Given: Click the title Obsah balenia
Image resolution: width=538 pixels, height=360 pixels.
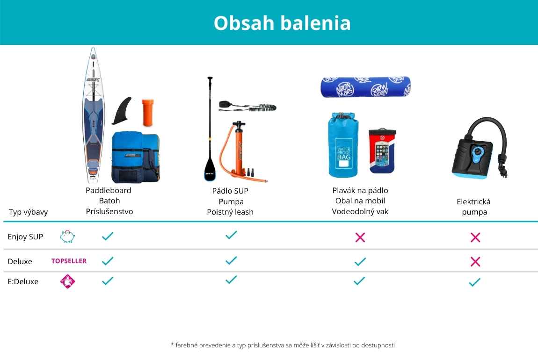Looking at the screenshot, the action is [x=282, y=23].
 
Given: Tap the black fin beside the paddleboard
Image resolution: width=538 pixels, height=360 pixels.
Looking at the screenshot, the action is [x=123, y=111].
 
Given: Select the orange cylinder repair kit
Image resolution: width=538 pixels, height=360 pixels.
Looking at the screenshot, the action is [x=148, y=113].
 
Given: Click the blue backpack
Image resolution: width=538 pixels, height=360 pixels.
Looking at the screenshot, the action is [x=136, y=157].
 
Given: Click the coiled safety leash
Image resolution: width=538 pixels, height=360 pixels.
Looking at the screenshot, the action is [x=247, y=106].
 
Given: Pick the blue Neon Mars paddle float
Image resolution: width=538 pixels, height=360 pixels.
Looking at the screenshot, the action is [x=366, y=87].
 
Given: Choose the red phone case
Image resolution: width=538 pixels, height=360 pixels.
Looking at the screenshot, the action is [x=382, y=151].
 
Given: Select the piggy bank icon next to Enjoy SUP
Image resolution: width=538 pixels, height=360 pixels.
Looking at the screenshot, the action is [x=67, y=237].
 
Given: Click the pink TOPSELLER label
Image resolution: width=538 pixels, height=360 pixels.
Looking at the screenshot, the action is [x=69, y=261].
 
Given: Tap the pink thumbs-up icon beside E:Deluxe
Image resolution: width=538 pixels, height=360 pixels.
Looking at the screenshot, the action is [x=67, y=281].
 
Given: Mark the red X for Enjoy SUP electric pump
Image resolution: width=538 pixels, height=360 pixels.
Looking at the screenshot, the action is [x=475, y=237].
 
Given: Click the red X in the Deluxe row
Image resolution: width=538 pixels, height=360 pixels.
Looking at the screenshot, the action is [x=475, y=262].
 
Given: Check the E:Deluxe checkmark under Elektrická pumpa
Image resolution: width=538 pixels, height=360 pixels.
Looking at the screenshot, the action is [x=474, y=282].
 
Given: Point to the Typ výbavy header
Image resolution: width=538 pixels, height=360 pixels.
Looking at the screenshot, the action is [x=28, y=212].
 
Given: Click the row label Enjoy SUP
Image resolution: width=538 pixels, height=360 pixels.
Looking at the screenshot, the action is [x=25, y=237].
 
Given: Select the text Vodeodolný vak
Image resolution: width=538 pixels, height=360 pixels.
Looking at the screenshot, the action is [x=360, y=211].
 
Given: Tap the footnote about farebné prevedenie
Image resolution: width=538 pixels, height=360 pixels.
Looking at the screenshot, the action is [x=283, y=345].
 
